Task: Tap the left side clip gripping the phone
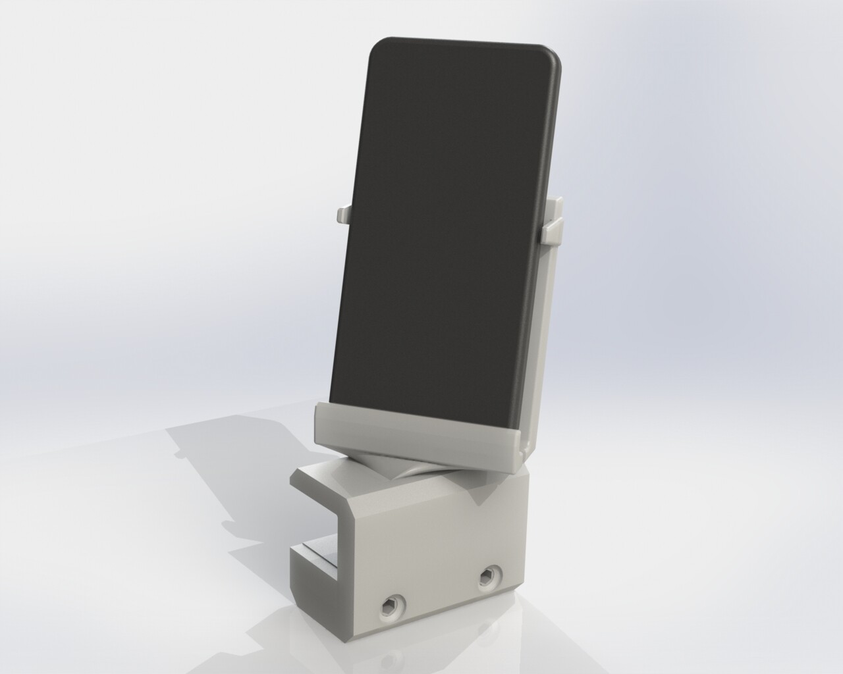coord(343,214)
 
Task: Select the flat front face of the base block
coord(435,559)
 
